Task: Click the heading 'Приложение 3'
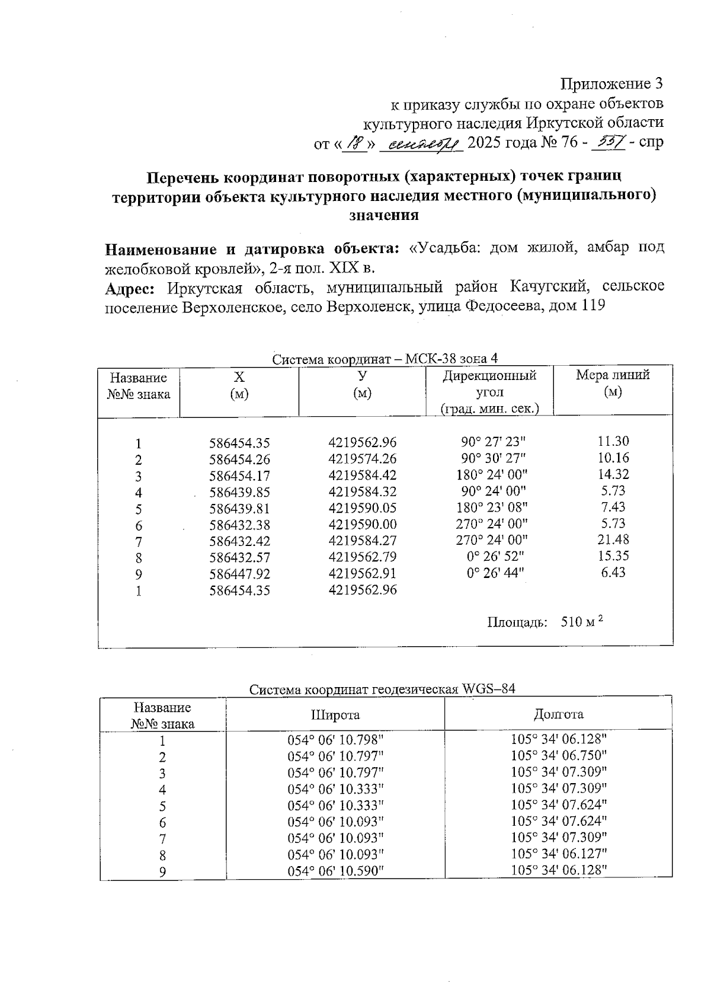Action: coord(611,84)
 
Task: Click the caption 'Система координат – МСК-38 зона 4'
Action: coord(385,359)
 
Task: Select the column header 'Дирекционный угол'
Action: coord(489,384)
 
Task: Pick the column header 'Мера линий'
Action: coord(613,375)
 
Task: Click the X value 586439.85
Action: coord(239,492)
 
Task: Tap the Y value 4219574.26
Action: coord(362,459)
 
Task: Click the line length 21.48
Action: coord(613,539)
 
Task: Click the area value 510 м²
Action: coord(581,622)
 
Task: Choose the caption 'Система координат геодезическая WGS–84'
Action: coord(382,689)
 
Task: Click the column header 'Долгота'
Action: coord(559,714)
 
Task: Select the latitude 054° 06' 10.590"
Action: coord(336,871)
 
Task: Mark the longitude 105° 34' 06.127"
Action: coord(559,854)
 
